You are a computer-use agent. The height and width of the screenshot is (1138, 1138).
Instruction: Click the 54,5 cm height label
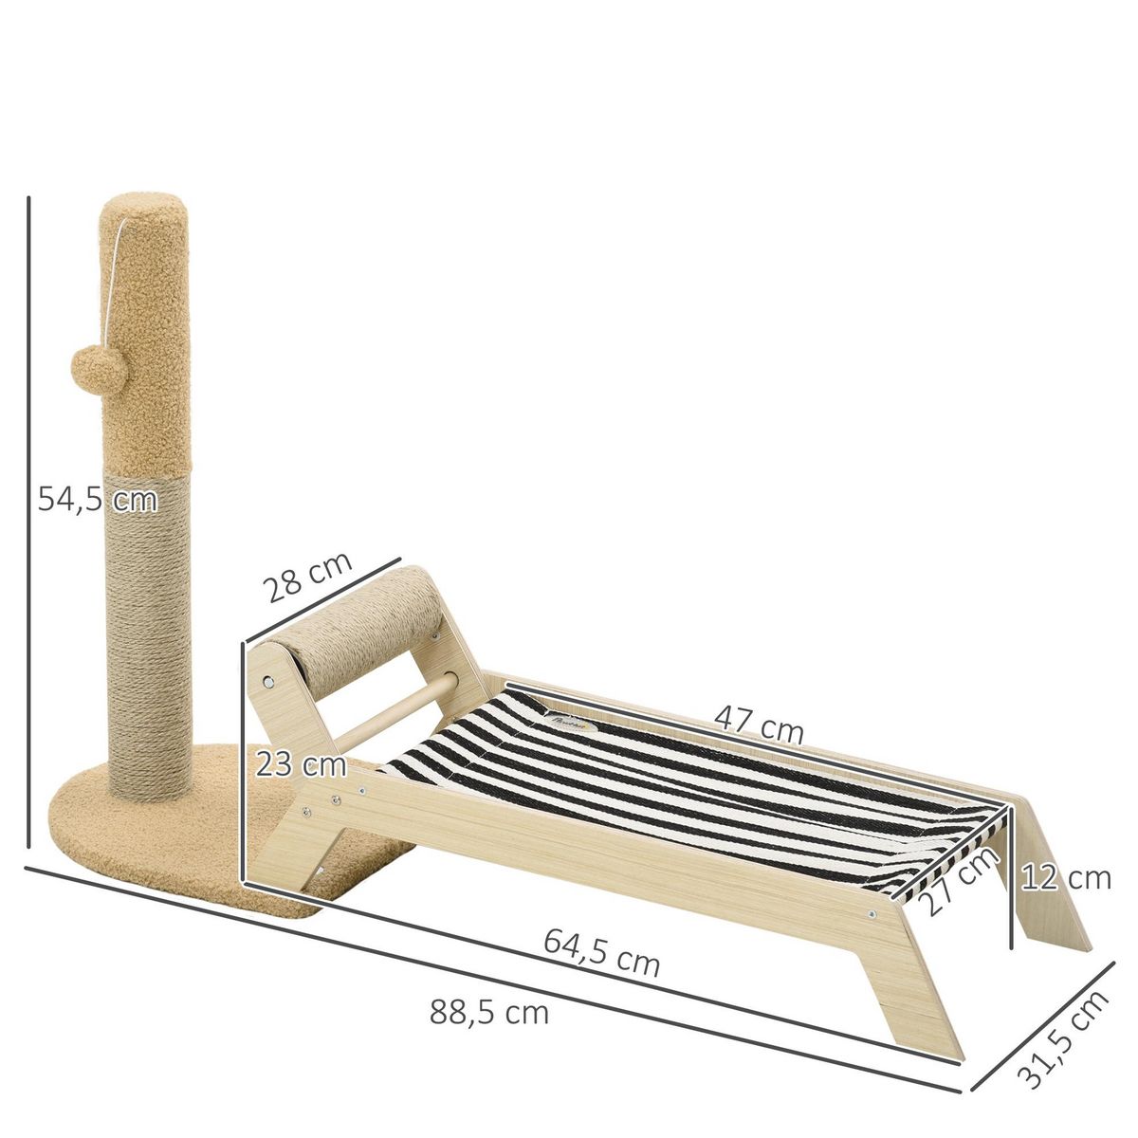point(97,499)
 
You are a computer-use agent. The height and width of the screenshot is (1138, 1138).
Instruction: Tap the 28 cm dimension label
point(306,578)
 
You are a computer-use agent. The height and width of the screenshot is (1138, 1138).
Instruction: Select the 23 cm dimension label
point(300,762)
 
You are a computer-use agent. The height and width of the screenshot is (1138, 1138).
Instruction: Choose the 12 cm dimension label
point(1066,878)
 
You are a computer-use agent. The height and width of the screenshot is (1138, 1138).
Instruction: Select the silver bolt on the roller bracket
point(271,682)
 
